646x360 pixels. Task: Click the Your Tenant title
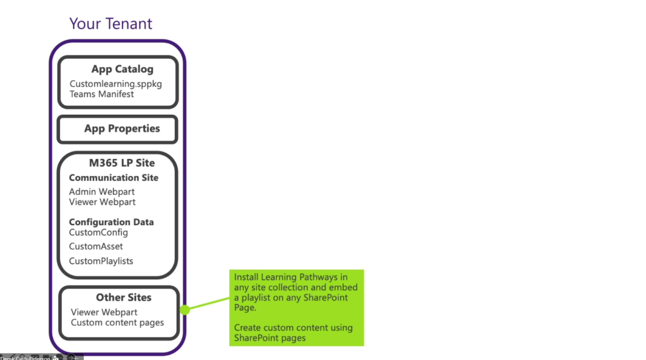pyautogui.click(x=110, y=24)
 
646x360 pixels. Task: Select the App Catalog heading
pyautogui.click(x=122, y=69)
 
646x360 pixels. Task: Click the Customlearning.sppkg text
pyautogui.click(x=115, y=84)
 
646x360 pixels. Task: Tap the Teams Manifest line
pyautogui.click(x=102, y=94)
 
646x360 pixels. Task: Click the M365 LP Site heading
pyautogui.click(x=121, y=163)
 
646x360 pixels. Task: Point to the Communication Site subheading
pyautogui.click(x=114, y=178)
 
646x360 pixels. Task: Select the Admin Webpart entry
pyautogui.click(x=102, y=192)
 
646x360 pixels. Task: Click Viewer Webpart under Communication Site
pyautogui.click(x=102, y=202)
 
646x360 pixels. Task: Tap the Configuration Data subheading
pyautogui.click(x=111, y=222)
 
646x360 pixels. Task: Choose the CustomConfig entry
pyautogui.click(x=98, y=233)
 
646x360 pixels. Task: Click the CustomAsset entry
pyautogui.click(x=96, y=247)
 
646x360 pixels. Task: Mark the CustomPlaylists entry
pyautogui.click(x=101, y=261)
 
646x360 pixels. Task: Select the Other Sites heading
pyautogui.click(x=124, y=298)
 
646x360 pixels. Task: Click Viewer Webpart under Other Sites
pyautogui.click(x=104, y=312)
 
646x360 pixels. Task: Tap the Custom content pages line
pyautogui.click(x=117, y=323)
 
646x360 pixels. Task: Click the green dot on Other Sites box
pyautogui.click(x=185, y=310)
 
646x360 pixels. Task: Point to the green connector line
pyautogui.click(x=208, y=303)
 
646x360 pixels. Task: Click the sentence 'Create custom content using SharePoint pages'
pyautogui.click(x=293, y=333)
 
